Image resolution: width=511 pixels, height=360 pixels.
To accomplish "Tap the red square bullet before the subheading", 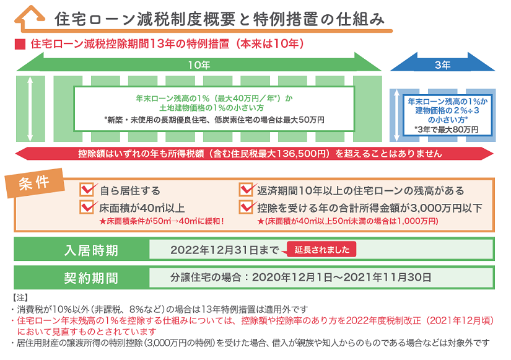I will pyautogui.click(x=19, y=45).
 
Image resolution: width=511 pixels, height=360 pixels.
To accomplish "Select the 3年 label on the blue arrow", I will pyautogui.click(x=442, y=64).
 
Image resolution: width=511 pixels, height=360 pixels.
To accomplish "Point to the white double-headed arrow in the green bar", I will pyautogui.click(x=30, y=109).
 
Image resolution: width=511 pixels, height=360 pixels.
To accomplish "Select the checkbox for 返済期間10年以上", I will pyautogui.click(x=247, y=190).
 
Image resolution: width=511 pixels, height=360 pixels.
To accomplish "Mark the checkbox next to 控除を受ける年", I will pyautogui.click(x=247, y=207).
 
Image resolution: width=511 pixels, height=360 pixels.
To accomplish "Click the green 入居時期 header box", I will pyautogui.click(x=82, y=250).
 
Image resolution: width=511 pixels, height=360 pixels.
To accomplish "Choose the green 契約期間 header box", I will pyautogui.click(x=82, y=277).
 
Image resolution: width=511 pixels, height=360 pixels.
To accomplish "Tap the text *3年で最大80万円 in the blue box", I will pyautogui.click(x=447, y=130).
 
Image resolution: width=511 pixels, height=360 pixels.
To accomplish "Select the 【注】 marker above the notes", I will pyautogui.click(x=20, y=297).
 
